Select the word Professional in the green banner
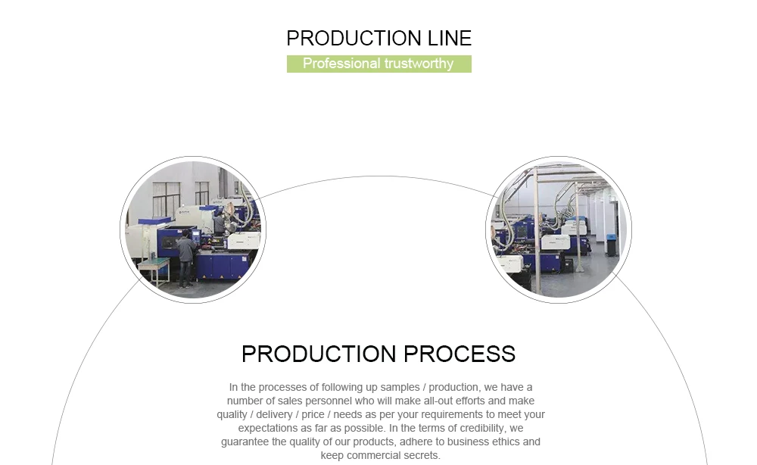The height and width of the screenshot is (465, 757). tap(341, 64)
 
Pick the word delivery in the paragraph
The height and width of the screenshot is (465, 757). tap(278, 415)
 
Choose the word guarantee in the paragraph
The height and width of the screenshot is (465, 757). tap(245, 442)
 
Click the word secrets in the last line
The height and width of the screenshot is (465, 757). tap(421, 456)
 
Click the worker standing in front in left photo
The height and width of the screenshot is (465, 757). tap(184, 260)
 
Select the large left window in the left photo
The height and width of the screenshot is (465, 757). tap(166, 198)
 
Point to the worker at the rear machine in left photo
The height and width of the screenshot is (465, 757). tap(219, 222)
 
